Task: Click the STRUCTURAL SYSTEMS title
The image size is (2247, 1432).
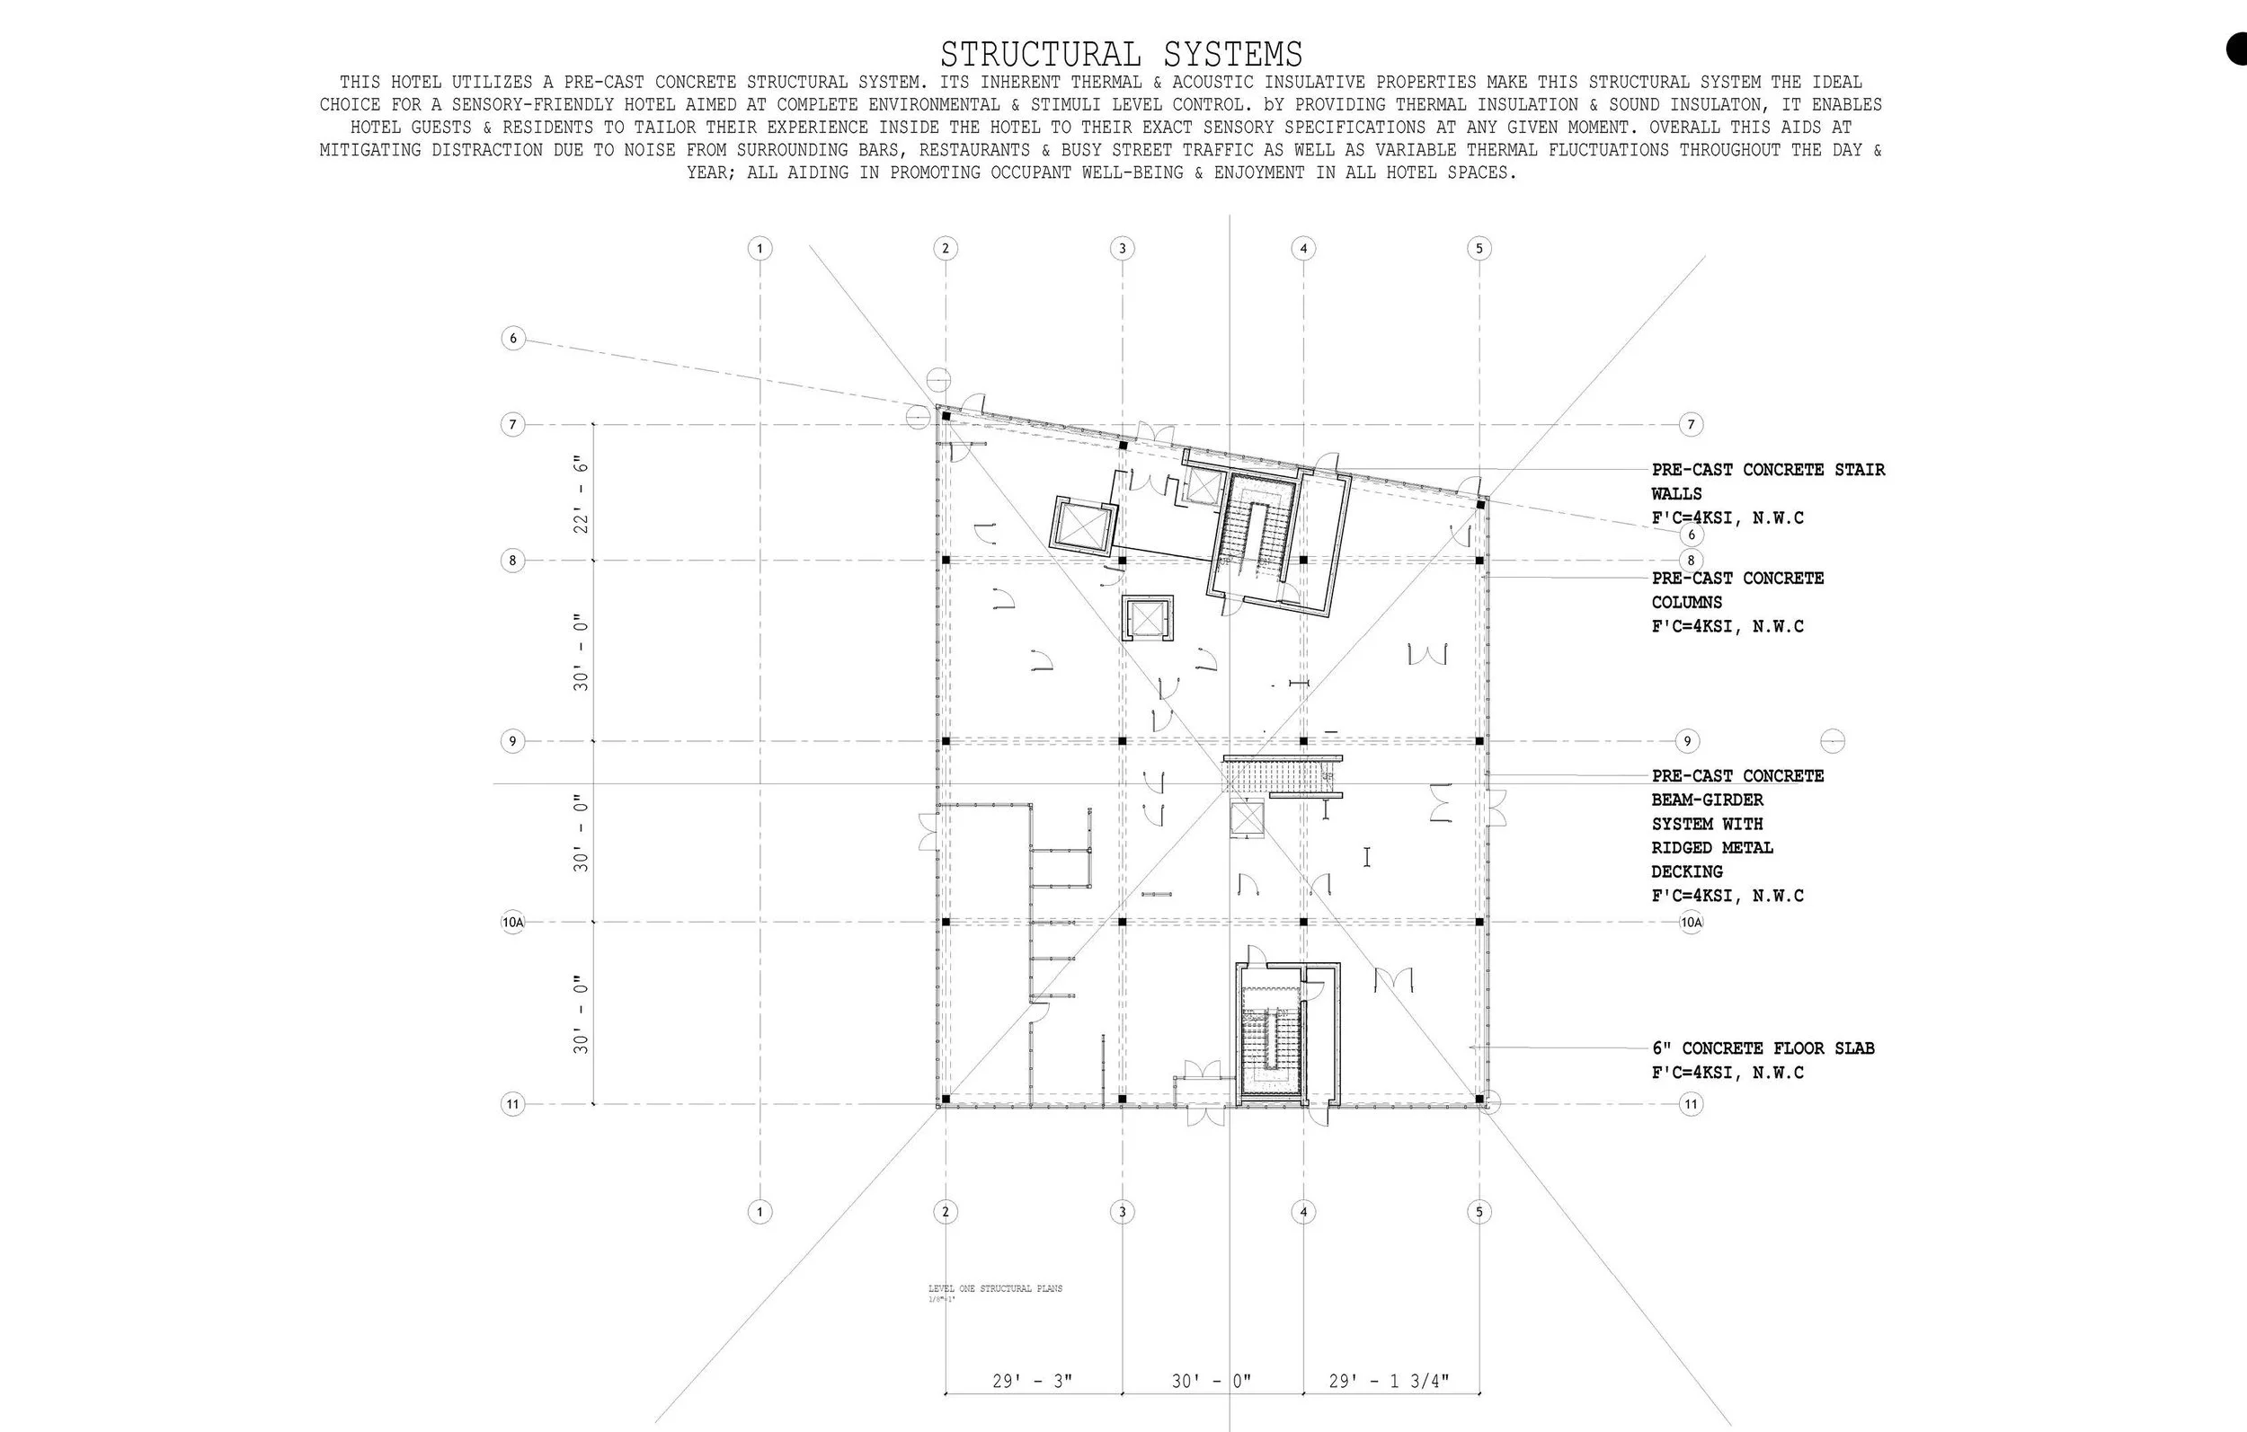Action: (1121, 53)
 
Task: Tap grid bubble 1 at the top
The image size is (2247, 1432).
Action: (759, 248)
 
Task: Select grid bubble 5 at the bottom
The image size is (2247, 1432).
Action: (1479, 1212)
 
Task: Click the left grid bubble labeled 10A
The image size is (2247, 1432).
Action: (513, 923)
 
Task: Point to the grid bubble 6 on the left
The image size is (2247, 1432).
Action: (513, 338)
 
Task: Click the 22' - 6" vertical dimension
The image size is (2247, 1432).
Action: (582, 493)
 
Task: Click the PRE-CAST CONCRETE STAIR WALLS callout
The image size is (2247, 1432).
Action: (1767, 482)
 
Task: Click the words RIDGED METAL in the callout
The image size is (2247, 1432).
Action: (1711, 848)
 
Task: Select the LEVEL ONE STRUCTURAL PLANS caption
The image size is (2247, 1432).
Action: (995, 1288)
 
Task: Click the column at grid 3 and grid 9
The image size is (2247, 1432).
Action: (1123, 742)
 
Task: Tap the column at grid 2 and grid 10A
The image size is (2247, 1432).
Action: (946, 922)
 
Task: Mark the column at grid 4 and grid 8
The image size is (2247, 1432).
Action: (1303, 561)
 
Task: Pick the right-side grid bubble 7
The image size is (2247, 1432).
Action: (1691, 424)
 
